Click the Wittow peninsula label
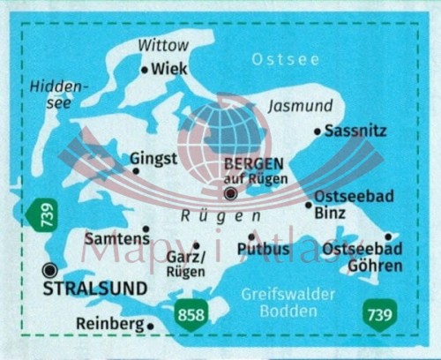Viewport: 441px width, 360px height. [164, 44]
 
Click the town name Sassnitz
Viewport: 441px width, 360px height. [355, 131]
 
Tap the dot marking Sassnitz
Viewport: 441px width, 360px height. [318, 131]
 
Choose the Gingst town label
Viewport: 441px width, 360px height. [153, 158]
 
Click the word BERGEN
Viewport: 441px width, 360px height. [254, 163]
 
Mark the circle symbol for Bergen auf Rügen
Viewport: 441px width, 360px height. [230, 193]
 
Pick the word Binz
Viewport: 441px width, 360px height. [329, 213]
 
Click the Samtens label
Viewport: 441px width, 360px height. [114, 238]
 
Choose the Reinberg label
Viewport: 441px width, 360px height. [109, 324]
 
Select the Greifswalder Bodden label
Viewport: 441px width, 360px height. [284, 303]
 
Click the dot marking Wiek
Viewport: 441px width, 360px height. [145, 69]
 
